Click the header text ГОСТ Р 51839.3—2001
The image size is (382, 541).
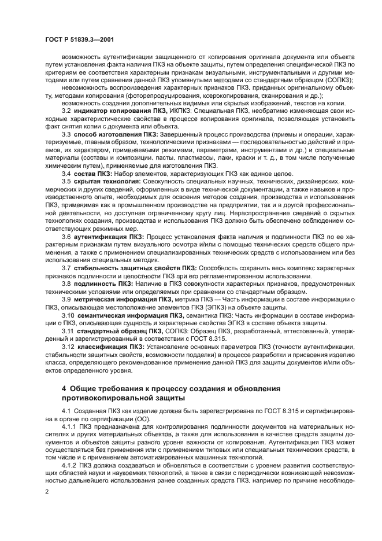72,38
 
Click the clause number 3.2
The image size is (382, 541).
66,110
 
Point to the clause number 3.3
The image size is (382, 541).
66,134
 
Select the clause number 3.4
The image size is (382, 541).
66,174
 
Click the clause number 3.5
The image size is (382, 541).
66,182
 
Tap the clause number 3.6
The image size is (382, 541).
66,237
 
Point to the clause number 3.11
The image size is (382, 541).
68,330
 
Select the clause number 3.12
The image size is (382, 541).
68,346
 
